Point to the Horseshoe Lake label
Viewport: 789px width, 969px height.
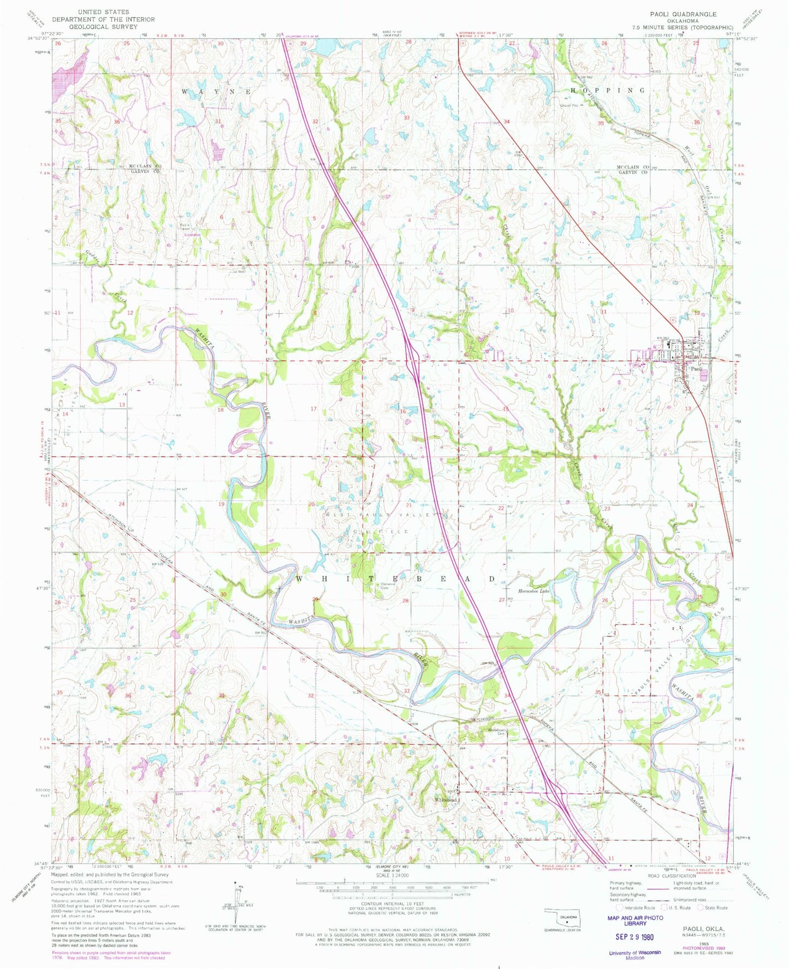[533, 590]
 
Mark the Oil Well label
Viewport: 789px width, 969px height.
[239, 271]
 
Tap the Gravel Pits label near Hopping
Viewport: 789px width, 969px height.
[568, 105]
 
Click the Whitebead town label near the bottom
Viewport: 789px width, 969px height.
[446, 800]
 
